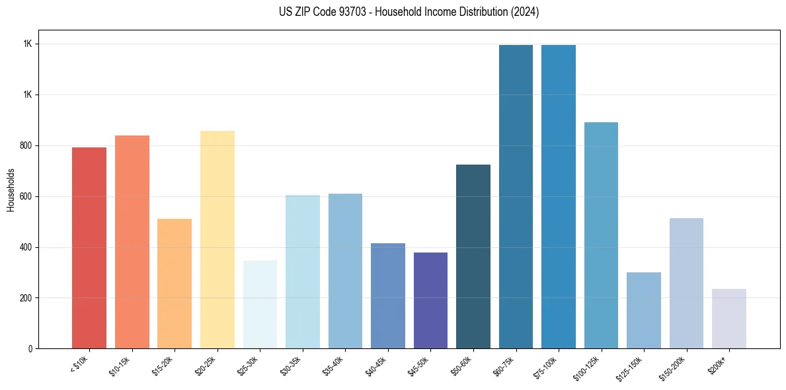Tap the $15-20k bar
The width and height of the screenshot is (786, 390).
tap(175, 284)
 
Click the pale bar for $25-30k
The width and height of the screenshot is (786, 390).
tap(260, 304)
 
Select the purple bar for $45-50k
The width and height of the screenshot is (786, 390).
tap(430, 300)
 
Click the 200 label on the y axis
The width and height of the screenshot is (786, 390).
tap(26, 298)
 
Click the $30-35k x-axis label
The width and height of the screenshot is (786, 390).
tap(293, 366)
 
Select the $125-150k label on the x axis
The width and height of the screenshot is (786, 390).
tap(633, 368)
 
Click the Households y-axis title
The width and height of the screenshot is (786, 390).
tap(11, 190)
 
